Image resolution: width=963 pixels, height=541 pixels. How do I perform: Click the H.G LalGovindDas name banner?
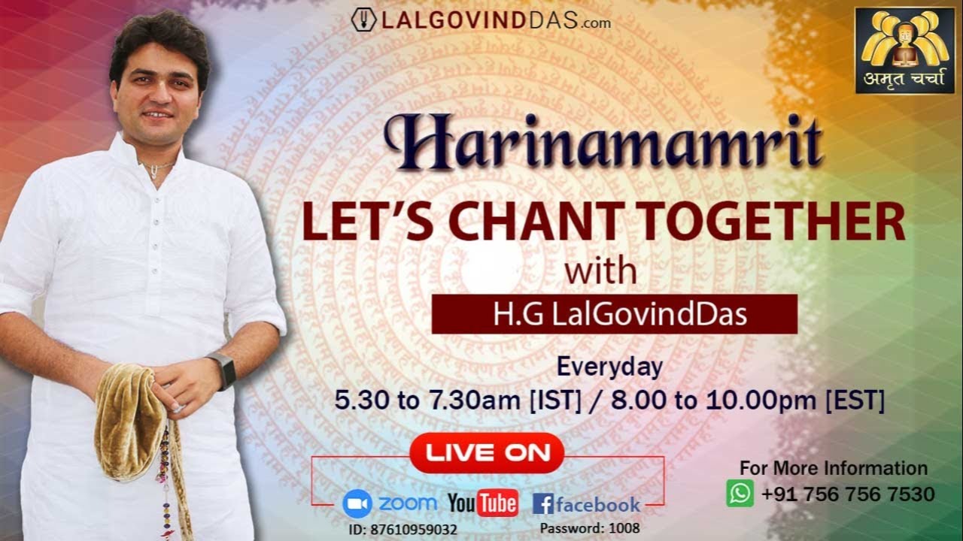(614, 314)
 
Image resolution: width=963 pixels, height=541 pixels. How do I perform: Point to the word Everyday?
(609, 367)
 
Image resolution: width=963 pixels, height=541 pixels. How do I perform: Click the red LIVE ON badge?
(486, 452)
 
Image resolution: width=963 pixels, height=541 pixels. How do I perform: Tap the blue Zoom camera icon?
(357, 503)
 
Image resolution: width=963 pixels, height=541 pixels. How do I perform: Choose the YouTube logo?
(483, 503)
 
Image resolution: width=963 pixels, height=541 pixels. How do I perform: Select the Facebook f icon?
(542, 503)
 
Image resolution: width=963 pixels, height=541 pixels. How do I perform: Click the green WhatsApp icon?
(740, 494)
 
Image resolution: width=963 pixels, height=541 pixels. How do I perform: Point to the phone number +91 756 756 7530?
(848, 494)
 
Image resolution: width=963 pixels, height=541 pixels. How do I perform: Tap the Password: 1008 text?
(589, 527)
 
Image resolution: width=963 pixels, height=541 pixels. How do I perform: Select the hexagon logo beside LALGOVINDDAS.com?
(363, 20)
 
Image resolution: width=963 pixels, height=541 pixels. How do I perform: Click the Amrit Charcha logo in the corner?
(904, 50)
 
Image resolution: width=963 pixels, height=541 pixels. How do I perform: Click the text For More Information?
(834, 468)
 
